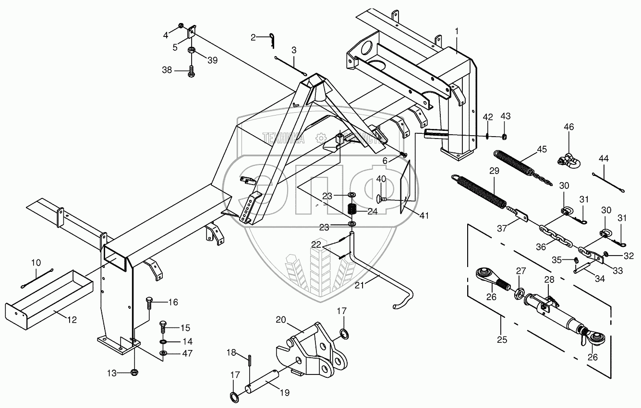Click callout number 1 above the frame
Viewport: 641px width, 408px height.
click(457, 31)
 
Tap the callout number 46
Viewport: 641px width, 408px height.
click(568, 127)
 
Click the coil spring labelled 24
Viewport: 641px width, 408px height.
click(351, 210)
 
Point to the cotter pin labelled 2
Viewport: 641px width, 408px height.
click(273, 40)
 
